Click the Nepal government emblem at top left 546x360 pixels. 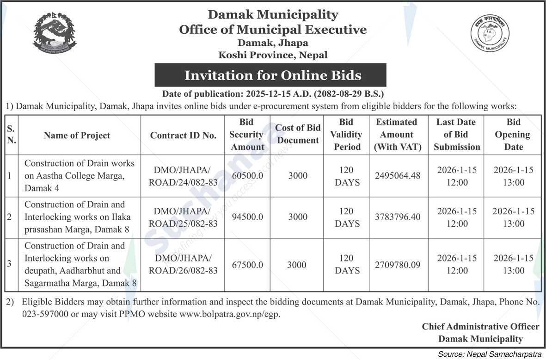point(55,33)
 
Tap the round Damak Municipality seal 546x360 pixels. point(490,33)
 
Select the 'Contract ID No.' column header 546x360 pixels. point(183,135)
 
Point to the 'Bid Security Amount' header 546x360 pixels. point(247,135)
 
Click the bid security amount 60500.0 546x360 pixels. point(247,176)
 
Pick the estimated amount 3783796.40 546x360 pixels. point(398,217)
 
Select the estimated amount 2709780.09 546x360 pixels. point(398,265)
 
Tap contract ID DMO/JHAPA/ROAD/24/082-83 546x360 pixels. point(183,176)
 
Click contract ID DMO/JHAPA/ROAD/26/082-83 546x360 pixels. point(183,264)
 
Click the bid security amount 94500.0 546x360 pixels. point(247,217)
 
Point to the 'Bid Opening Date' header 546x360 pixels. point(513,135)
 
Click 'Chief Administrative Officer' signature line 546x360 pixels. point(480,327)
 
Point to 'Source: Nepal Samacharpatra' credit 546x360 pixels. point(490,354)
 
